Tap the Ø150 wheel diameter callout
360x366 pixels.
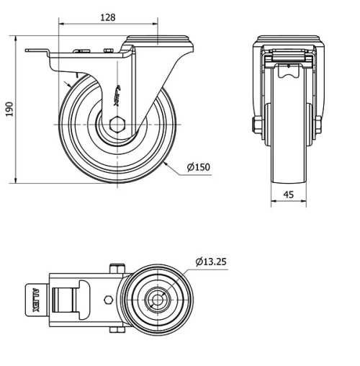[x=198, y=167]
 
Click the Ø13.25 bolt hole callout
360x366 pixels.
[x=210, y=262]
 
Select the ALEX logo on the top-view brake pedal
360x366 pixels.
[x=37, y=301]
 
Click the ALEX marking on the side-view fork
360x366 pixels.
[x=118, y=94]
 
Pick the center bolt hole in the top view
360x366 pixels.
[x=156, y=299]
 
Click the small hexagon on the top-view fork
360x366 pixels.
[x=108, y=300]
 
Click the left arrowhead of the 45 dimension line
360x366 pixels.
[x=273, y=202]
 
